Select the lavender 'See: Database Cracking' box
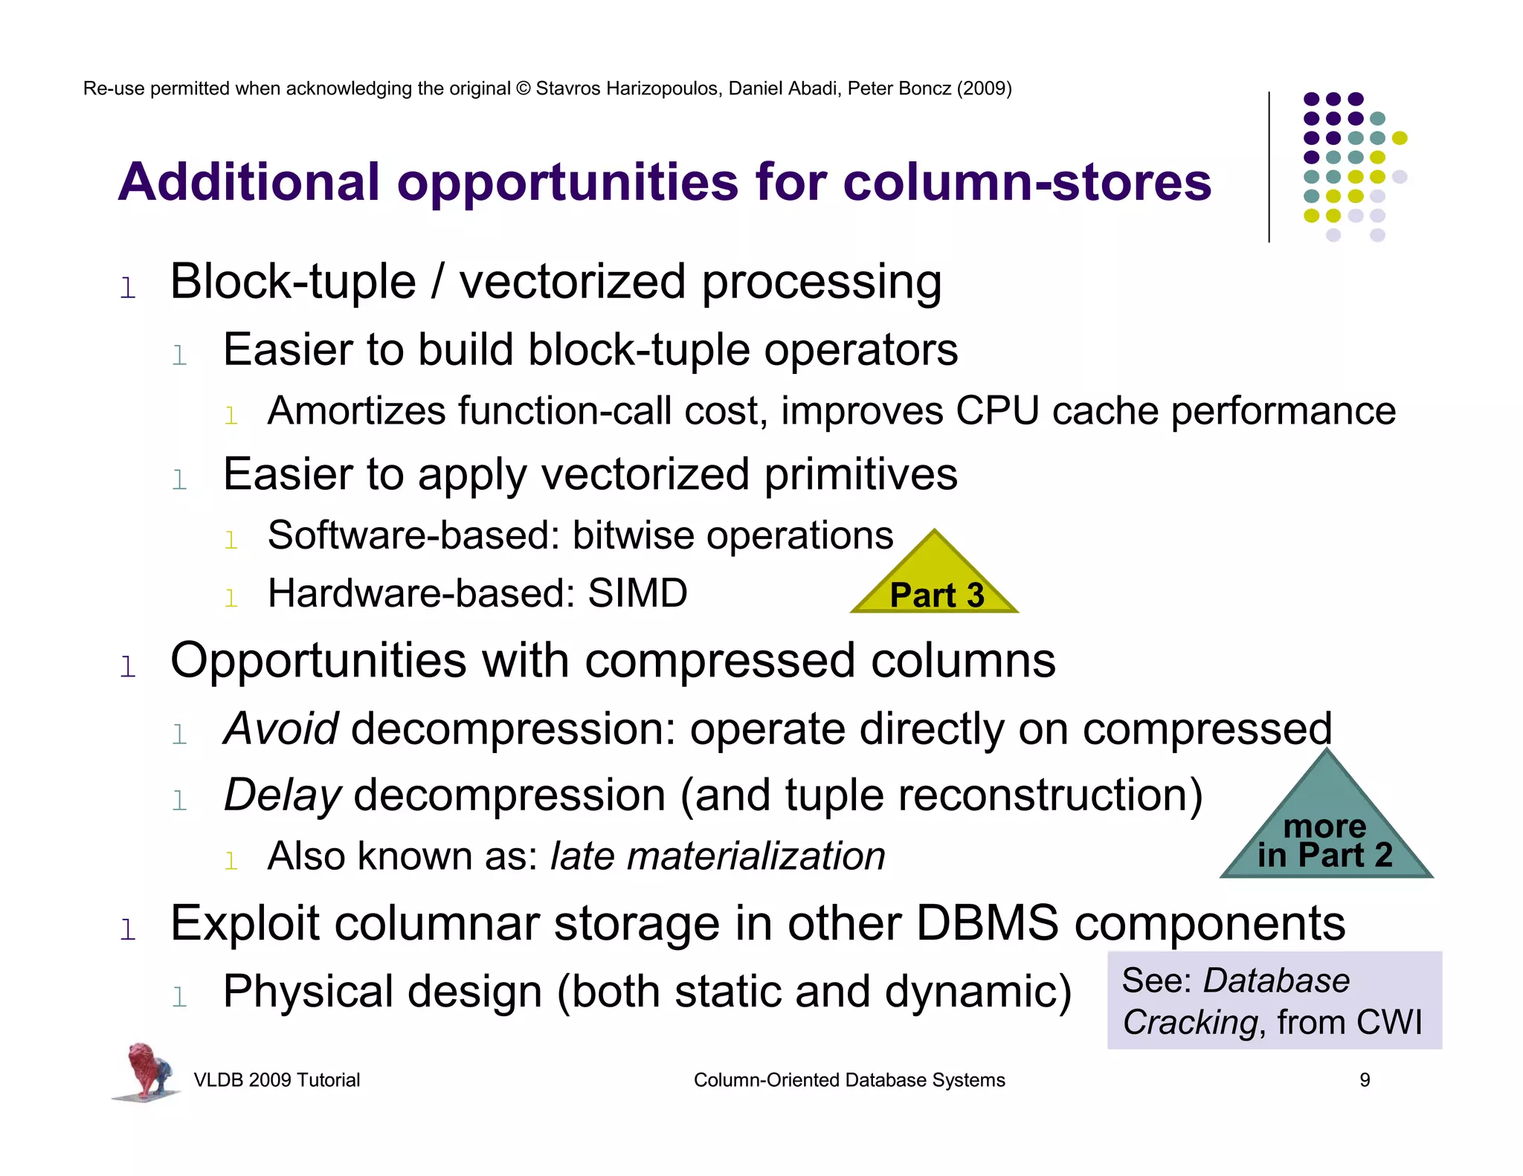[1274, 1001]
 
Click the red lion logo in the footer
[146, 1070]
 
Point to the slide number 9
[1365, 1080]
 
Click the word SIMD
[637, 593]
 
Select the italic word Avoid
[281, 728]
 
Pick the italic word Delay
[283, 795]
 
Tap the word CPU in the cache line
[996, 411]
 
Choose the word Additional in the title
[249, 182]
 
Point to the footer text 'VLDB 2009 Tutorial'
[277, 1080]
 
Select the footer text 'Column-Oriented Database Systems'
[849, 1080]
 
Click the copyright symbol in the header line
[523, 88]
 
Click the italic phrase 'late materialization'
[718, 856]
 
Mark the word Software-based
[413, 535]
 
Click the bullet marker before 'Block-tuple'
[128, 288]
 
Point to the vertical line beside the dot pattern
[1269, 167]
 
